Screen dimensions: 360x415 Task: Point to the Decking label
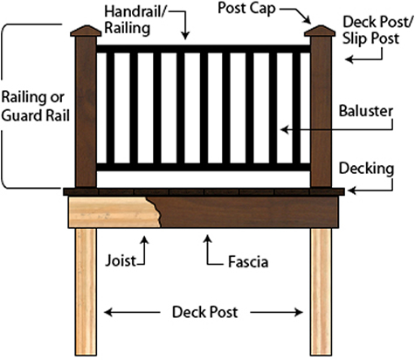(x=365, y=167)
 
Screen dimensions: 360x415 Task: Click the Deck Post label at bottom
(x=205, y=311)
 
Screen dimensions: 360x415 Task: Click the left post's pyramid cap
(x=85, y=33)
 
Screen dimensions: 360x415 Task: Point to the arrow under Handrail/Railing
(x=186, y=31)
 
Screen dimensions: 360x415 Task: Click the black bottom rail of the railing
(x=203, y=165)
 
